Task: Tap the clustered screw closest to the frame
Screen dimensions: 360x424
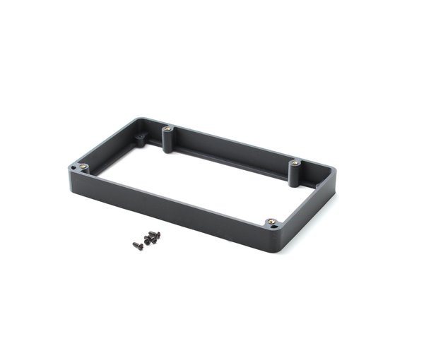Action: [x=156, y=234]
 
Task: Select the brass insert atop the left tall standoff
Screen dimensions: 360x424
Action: [x=168, y=130]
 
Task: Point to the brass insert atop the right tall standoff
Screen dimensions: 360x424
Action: [x=294, y=163]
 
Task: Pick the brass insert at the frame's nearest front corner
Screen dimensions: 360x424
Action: [x=272, y=222]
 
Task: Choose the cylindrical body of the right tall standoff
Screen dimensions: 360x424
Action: [x=294, y=174]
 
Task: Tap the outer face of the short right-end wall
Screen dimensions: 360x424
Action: [x=311, y=205]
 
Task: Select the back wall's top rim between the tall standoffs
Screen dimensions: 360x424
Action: [x=233, y=143]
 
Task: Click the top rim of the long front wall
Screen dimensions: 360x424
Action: [x=177, y=192]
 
